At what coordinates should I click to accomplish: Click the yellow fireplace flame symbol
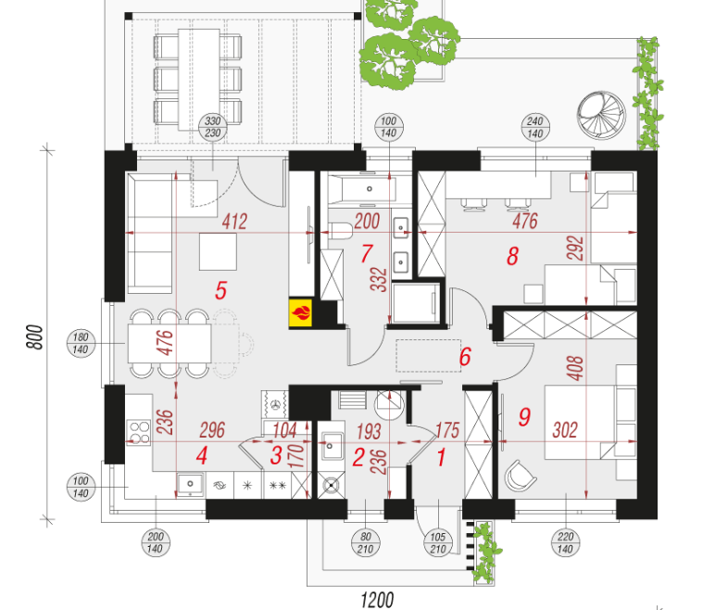click(301, 312)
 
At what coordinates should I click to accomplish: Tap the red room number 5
click(221, 290)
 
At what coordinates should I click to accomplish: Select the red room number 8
click(512, 256)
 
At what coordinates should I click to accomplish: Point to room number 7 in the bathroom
click(367, 254)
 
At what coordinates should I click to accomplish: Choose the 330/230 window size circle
click(212, 127)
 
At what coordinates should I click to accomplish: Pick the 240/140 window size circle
click(535, 127)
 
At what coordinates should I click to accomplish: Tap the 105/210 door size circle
click(437, 542)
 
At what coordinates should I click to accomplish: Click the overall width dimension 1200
click(377, 600)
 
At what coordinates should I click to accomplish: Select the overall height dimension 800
click(35, 337)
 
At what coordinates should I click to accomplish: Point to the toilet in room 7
click(340, 231)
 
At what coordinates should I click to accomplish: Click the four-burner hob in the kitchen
click(140, 432)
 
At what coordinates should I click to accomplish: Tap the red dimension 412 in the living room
click(234, 222)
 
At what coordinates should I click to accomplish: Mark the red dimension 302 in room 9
click(565, 430)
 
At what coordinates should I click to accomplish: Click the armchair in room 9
click(521, 476)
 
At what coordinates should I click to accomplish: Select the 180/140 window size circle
click(81, 343)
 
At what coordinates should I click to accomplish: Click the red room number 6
click(465, 357)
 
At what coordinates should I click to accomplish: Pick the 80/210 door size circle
click(366, 542)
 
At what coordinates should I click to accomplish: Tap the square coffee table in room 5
click(218, 252)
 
